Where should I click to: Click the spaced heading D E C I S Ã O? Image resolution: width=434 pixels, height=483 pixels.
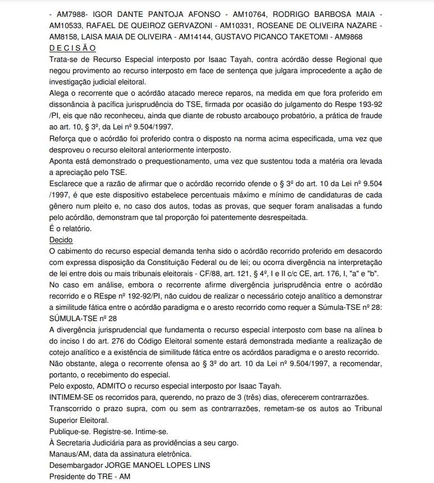click(72, 49)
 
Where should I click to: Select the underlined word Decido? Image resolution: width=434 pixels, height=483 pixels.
click(61, 239)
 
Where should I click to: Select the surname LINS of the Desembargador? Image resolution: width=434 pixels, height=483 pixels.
click(200, 466)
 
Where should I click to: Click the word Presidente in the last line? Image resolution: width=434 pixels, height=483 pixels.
click(69, 477)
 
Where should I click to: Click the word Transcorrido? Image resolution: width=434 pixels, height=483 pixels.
click(73, 408)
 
